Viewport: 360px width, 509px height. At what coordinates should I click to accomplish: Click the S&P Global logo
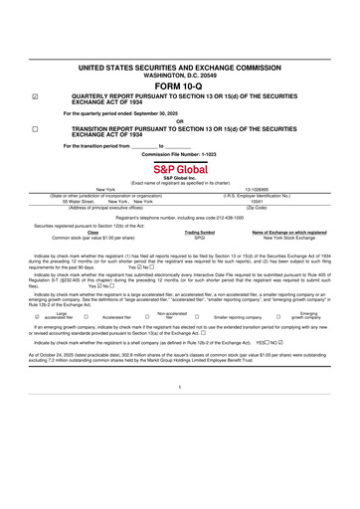(x=179, y=166)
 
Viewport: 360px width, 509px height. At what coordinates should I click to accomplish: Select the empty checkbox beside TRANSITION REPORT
(x=35, y=129)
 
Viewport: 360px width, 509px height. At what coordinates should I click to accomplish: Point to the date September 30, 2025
(x=154, y=114)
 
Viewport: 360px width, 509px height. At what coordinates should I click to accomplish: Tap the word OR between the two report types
(x=179, y=121)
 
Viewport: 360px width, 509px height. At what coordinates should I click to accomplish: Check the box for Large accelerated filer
(x=35, y=317)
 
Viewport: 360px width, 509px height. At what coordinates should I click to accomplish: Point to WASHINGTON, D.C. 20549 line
(x=179, y=73)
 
